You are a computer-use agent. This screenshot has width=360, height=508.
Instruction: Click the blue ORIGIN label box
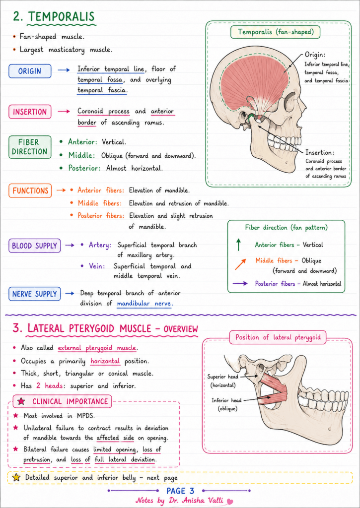(30, 71)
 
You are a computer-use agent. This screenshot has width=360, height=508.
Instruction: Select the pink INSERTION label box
(30, 112)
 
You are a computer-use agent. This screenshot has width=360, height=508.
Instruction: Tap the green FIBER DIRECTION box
(30, 147)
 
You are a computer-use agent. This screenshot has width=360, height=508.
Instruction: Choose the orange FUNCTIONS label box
(30, 191)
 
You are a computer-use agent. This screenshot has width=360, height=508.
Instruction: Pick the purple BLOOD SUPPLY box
(34, 246)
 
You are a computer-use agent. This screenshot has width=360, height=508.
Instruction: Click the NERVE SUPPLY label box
(34, 294)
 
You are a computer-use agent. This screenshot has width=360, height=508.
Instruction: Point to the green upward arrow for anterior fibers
(239, 245)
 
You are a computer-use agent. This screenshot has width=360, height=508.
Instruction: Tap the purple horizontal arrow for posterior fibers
(240, 284)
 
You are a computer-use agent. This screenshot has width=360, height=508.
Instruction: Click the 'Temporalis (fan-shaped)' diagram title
(275, 32)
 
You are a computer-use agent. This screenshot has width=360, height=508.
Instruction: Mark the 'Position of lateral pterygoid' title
(278, 337)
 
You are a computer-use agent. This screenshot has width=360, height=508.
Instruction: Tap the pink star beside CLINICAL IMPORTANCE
(21, 401)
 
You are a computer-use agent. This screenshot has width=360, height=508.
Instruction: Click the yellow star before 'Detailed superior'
(16, 478)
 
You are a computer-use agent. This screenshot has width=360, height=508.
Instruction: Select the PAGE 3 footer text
(180, 491)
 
